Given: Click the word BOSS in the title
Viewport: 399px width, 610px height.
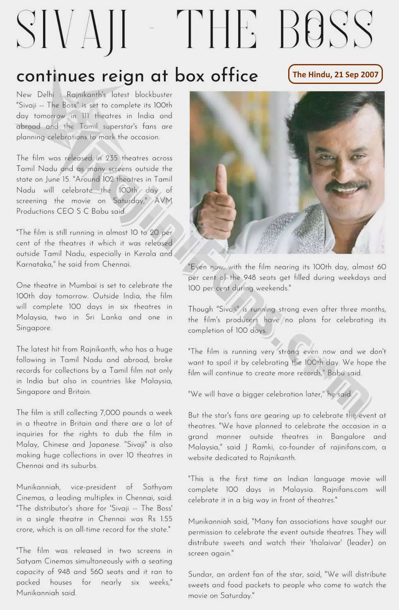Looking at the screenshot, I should point(326,29).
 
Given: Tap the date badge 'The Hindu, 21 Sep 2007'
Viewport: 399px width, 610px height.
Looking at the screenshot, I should point(335,74).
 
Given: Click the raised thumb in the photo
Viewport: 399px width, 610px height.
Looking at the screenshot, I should point(221,180).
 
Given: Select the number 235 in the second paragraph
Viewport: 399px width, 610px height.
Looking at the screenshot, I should point(112,158).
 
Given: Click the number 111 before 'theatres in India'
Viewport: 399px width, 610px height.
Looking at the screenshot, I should point(85,116).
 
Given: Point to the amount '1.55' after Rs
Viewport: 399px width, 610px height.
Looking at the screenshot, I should point(166,519).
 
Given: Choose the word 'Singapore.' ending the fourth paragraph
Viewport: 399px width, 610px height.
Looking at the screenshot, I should point(34,328).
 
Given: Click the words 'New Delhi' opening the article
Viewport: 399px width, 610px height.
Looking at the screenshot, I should point(35,95).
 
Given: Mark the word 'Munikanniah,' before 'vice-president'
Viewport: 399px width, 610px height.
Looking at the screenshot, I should point(38,487).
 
